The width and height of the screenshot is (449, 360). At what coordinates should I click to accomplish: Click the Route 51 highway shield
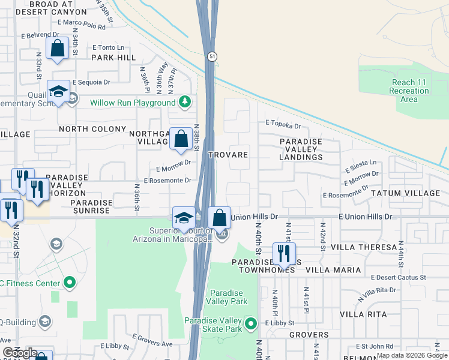point(212,56)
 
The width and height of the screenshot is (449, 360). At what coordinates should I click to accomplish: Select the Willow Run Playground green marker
point(187,102)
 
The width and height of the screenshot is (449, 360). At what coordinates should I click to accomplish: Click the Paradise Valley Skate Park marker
point(252,325)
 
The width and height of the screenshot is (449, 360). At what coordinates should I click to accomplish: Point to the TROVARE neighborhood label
point(228,155)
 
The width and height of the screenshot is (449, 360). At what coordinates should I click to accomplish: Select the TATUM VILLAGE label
point(409,193)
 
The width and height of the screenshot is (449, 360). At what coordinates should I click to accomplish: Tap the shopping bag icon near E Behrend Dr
point(58,50)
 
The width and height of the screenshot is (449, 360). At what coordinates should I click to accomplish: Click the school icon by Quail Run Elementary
point(58,92)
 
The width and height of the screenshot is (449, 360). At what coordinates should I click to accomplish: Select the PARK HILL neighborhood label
point(113,58)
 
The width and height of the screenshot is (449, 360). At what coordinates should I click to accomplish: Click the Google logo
point(20,353)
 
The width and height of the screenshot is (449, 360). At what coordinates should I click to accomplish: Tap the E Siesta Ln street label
point(361,163)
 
